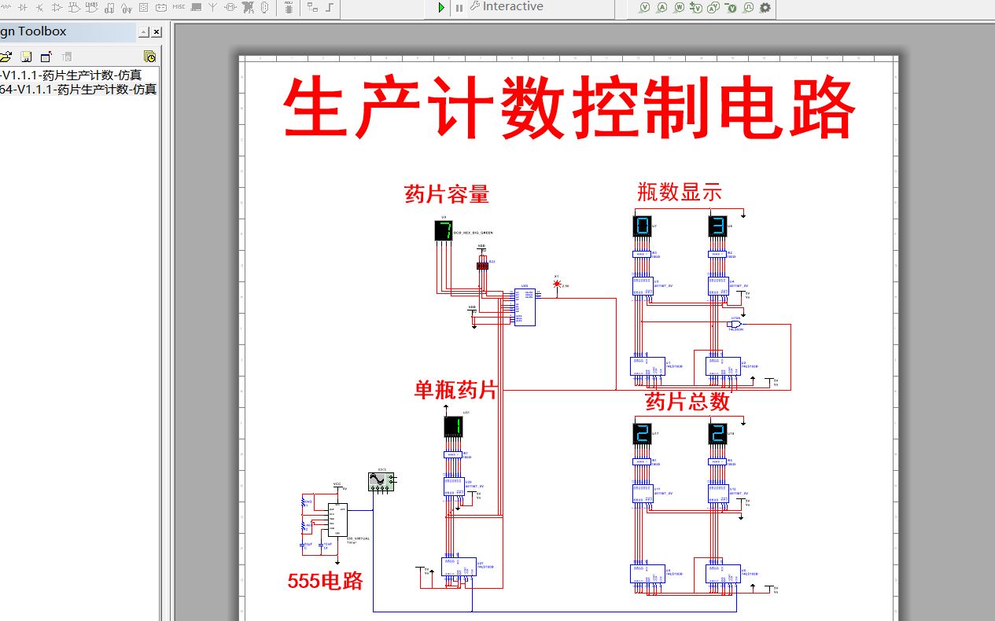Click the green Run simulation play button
(441, 7)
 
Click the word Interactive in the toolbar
(513, 6)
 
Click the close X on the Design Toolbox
(157, 32)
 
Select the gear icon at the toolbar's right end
(765, 8)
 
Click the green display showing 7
(444, 230)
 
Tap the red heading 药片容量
(447, 194)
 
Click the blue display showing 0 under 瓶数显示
(642, 226)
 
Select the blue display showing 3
(717, 226)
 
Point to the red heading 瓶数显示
(680, 192)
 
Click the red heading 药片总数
(687, 402)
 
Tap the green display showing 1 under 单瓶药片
(453, 427)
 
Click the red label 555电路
(326, 581)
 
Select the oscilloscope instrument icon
(381, 481)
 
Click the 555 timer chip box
(337, 520)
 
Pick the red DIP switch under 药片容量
(482, 266)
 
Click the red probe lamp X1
(557, 284)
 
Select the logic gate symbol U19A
(735, 324)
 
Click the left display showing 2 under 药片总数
(642, 433)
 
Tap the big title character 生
(318, 109)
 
